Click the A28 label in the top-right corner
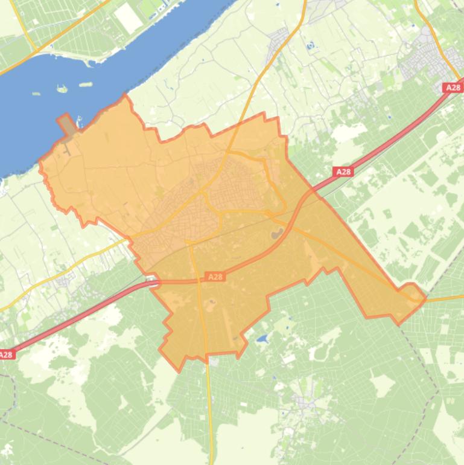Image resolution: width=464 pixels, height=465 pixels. tap(453, 88)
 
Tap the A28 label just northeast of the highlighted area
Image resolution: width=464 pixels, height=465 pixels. tap(343, 172)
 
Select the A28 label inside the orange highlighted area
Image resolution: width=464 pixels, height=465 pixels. tap(215, 277)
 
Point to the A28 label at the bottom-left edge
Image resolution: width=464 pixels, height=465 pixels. tap(6, 355)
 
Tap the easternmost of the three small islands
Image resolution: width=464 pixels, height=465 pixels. tap(86, 84)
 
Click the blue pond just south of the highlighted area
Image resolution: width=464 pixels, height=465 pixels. tap(262, 339)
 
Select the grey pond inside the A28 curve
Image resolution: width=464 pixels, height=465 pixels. tap(277, 233)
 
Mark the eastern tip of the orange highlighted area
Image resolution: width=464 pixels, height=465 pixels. tap(425, 297)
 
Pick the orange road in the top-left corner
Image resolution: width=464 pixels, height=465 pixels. tap(24, 27)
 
